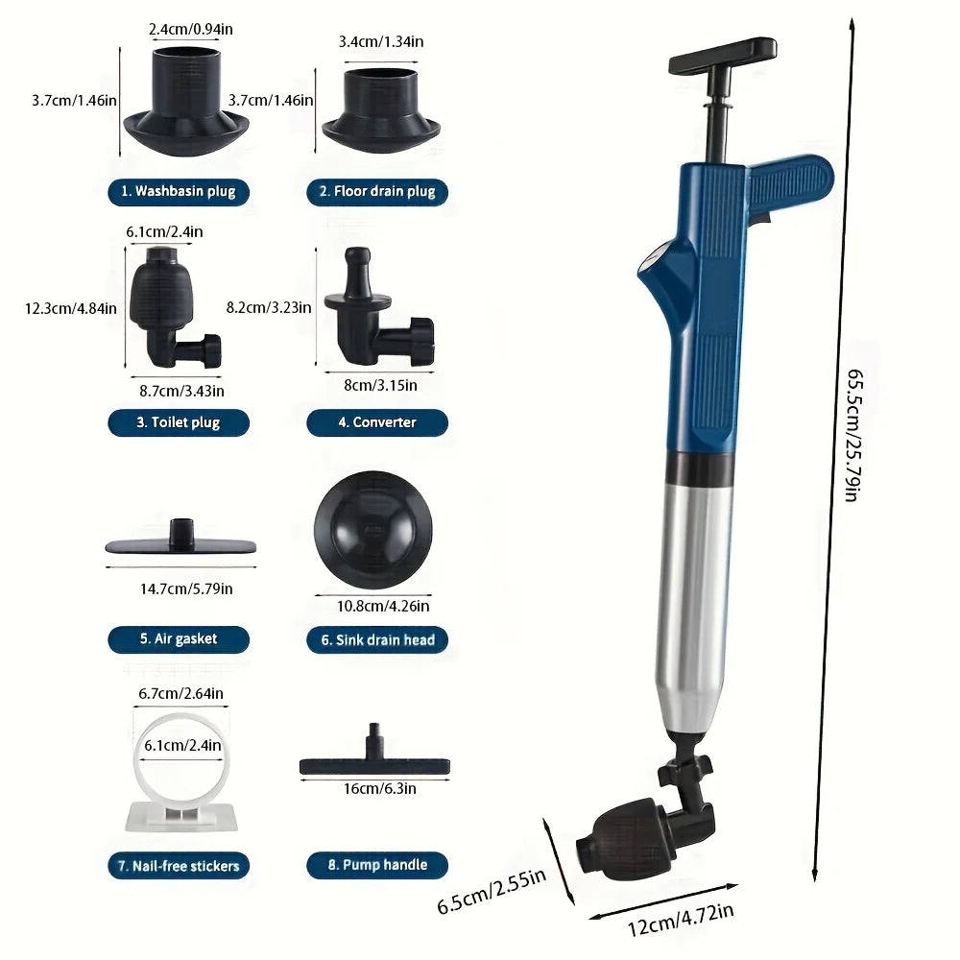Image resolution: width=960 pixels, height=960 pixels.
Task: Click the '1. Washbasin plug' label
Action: (179, 192)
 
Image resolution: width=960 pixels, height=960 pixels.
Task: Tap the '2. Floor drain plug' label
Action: (377, 192)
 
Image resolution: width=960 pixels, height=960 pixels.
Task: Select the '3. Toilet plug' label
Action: (179, 422)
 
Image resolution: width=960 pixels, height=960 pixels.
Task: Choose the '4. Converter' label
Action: (377, 422)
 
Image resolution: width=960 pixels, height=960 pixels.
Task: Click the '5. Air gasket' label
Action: (179, 639)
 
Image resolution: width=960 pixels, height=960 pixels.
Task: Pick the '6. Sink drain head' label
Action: (377, 639)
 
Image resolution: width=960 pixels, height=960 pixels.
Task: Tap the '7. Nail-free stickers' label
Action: (179, 866)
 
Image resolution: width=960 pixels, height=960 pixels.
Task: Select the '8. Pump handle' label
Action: (377, 865)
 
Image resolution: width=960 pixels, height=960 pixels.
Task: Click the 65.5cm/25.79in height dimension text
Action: (854, 435)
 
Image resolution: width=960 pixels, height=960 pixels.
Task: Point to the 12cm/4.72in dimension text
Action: (681, 920)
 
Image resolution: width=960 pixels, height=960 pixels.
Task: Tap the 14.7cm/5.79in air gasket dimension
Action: (186, 589)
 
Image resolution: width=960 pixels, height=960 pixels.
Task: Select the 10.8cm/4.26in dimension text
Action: (383, 606)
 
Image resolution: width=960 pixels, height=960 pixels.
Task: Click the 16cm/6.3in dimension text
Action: (379, 788)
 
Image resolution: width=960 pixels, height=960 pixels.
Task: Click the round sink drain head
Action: (372, 530)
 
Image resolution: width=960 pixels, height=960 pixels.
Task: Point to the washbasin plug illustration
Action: (186, 102)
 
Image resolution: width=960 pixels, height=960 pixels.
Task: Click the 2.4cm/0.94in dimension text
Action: (190, 30)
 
